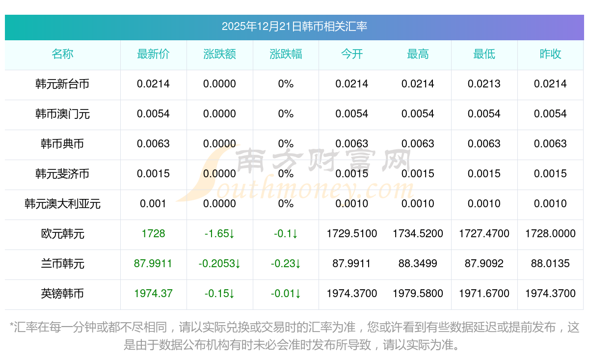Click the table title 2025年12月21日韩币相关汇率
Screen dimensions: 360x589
tap(294, 27)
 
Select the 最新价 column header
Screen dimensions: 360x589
tap(153, 54)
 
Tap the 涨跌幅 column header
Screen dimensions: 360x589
tap(286, 54)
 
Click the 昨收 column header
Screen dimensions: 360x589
tap(550, 54)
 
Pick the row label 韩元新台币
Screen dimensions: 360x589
tap(62, 84)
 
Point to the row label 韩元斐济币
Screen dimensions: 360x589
tap(62, 174)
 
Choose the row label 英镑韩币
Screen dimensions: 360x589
tap(62, 294)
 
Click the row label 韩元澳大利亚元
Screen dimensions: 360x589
tap(62, 204)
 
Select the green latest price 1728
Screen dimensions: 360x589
tap(153, 234)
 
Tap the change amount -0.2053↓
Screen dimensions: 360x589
tap(219, 264)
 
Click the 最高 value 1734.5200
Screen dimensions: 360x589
tap(418, 234)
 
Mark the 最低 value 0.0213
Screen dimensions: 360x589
tap(484, 84)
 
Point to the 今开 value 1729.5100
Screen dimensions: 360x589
tap(352, 234)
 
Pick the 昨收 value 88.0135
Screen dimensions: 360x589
tap(550, 264)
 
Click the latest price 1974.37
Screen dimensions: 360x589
tap(153, 294)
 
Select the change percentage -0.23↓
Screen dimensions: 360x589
tap(286, 264)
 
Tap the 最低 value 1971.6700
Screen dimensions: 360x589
tap(484, 294)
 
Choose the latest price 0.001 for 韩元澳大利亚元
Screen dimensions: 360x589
tap(153, 204)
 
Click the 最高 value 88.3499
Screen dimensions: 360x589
tap(418, 264)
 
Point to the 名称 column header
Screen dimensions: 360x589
tap(62, 54)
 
